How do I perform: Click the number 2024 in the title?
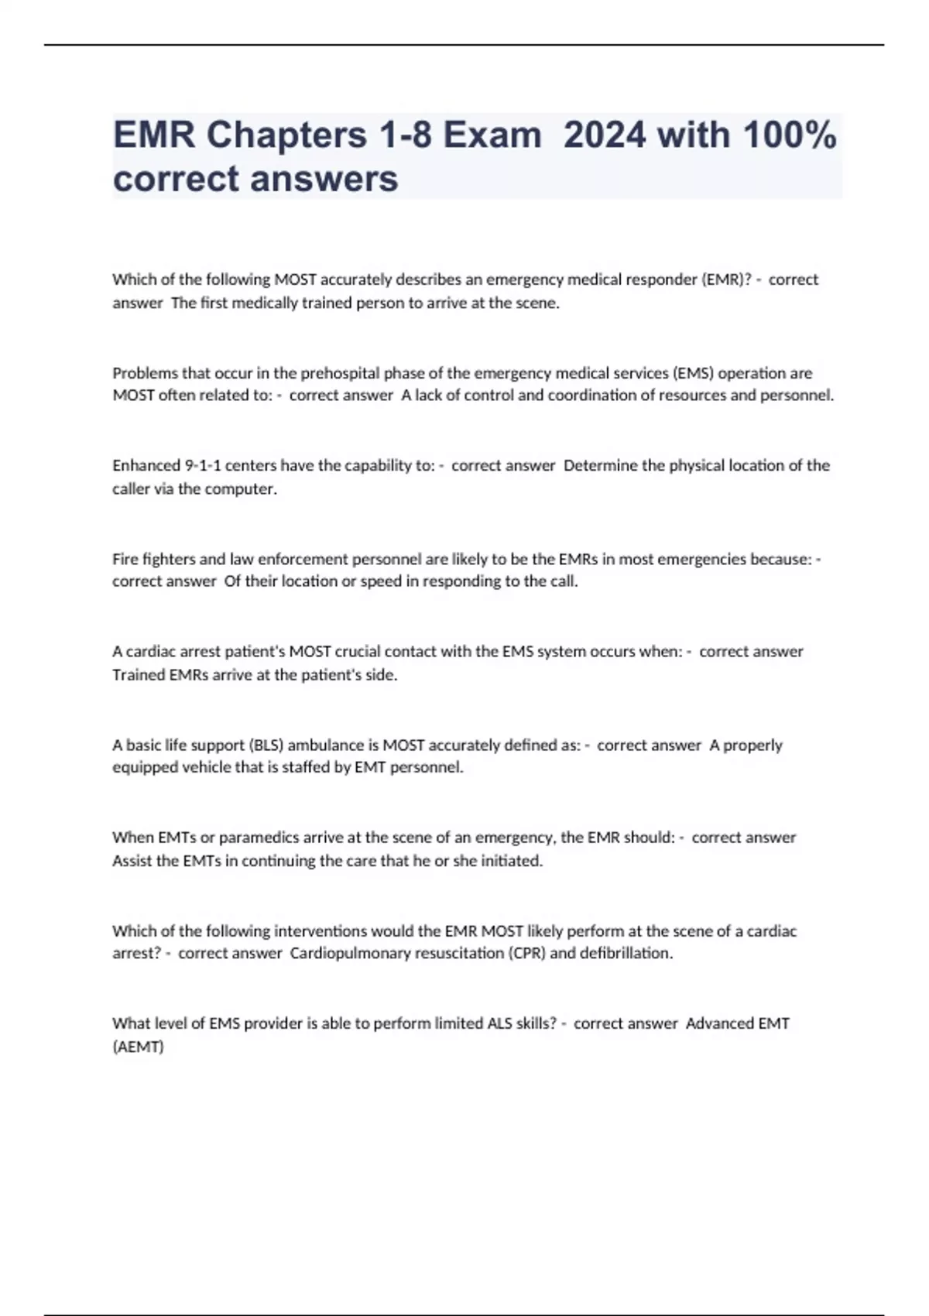tap(604, 135)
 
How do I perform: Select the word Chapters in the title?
tap(286, 135)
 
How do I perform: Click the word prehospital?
tap(340, 373)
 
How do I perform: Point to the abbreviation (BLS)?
tap(266, 745)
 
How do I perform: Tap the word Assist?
tap(132, 861)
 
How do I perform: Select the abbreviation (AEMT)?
tap(138, 1047)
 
